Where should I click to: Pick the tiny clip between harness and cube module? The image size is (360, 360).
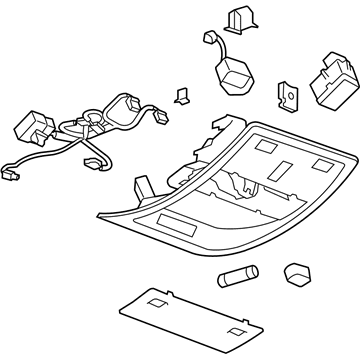pos(181,95)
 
